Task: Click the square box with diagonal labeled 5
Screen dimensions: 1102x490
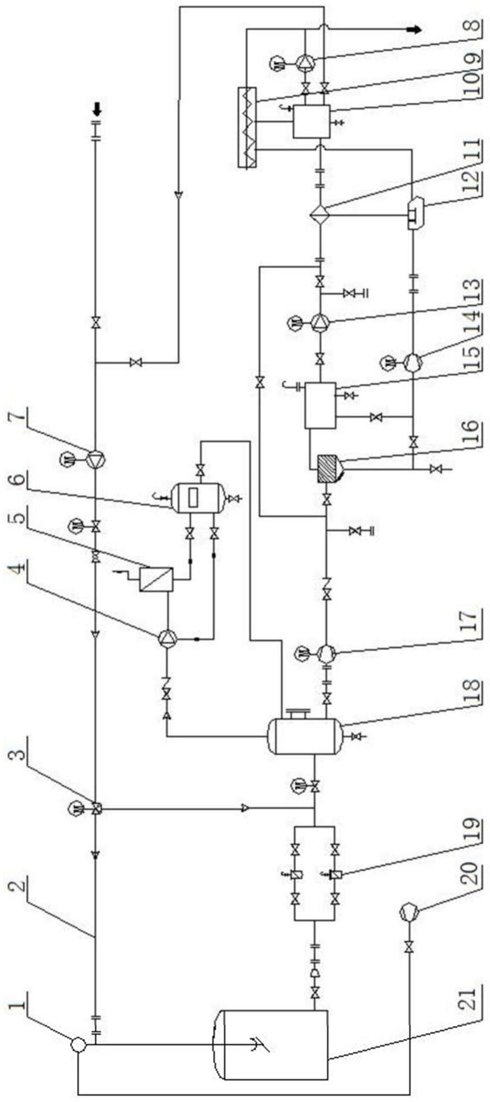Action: pyautogui.click(x=157, y=579)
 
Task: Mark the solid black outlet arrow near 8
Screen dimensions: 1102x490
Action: pyautogui.click(x=414, y=30)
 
